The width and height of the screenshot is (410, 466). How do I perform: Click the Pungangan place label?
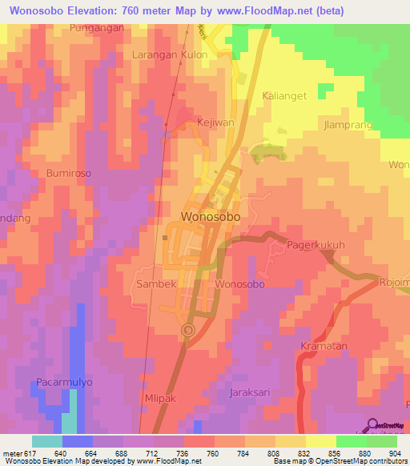[x=97, y=27]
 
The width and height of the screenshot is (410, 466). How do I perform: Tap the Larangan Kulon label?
[x=170, y=55]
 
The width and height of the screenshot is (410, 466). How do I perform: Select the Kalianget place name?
[x=284, y=95]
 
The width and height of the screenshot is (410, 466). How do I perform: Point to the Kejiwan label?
[x=215, y=123]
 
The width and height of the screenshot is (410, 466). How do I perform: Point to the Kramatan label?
[x=321, y=345]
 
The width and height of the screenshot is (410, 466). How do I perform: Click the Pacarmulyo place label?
[x=64, y=383]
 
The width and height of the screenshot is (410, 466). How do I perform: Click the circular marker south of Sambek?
[x=188, y=329]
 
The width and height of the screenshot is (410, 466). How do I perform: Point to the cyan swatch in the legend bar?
[x=46, y=441]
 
